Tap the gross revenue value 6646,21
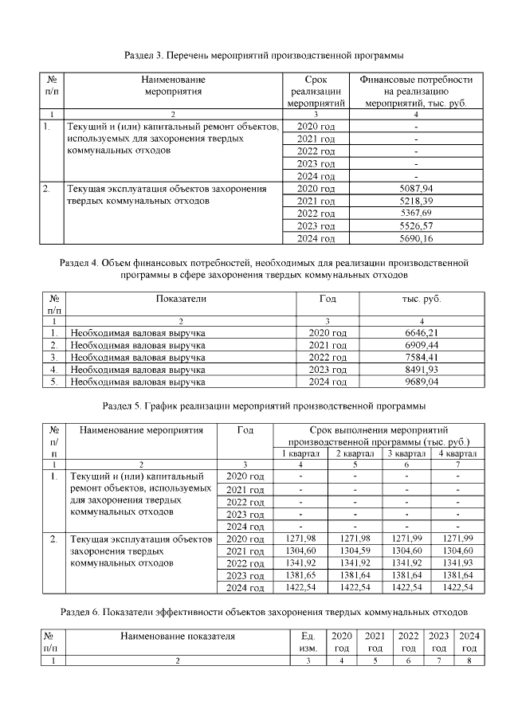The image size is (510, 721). point(422,332)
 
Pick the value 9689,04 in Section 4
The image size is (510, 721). point(422,382)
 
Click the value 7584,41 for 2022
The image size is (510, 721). point(422,357)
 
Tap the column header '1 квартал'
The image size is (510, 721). point(300,453)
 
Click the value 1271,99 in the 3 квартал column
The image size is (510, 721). point(406,540)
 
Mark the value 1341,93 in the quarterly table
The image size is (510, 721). point(457,564)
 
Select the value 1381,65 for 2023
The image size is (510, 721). point(300,576)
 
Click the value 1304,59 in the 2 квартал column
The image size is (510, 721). point(354,552)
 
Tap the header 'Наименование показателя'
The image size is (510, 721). point(178,637)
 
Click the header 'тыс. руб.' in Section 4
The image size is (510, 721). point(422,299)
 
